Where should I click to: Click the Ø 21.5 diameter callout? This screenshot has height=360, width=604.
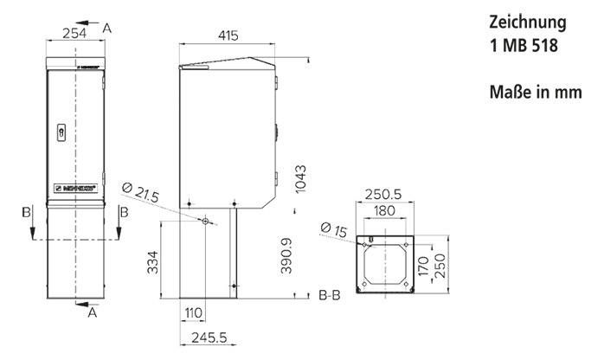[141, 193]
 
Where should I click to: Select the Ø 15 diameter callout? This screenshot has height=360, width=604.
[335, 229]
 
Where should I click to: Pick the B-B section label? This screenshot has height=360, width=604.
[330, 296]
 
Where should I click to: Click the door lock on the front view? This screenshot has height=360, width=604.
[61, 132]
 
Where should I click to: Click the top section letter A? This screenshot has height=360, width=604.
[107, 28]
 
